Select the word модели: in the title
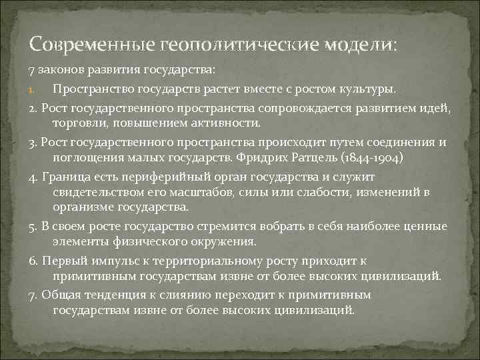point(360,45)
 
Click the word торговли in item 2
point(80,123)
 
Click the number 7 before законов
point(31,71)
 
